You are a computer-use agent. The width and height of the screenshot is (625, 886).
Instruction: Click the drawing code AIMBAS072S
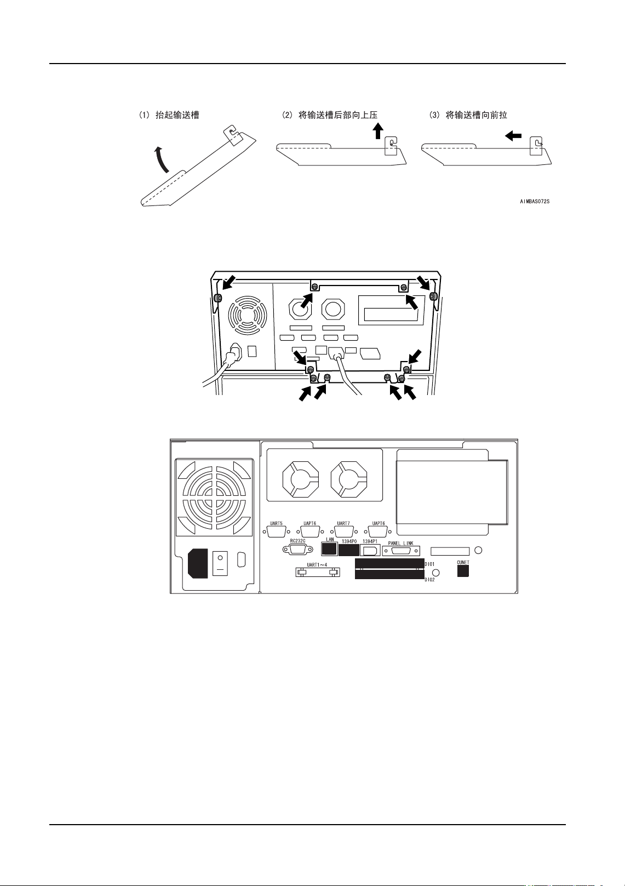(x=535, y=202)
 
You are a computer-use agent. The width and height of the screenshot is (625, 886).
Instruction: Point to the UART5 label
(x=277, y=523)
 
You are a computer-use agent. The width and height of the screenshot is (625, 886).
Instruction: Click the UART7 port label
(x=343, y=523)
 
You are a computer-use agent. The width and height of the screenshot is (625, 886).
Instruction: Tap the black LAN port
(x=329, y=549)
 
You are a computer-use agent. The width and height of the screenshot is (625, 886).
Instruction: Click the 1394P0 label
(x=349, y=541)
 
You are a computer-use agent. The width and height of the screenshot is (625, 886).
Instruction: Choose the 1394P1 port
(x=370, y=550)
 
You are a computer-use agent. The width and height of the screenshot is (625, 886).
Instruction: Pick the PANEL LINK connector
(x=400, y=551)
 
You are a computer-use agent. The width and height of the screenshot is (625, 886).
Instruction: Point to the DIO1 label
(x=430, y=564)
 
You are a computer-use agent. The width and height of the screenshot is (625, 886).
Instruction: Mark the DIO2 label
(x=430, y=580)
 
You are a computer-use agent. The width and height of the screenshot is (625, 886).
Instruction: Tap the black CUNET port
(x=463, y=571)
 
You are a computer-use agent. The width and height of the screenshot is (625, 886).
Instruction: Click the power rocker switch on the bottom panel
(x=220, y=563)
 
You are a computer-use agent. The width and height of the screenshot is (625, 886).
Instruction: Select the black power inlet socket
(x=199, y=564)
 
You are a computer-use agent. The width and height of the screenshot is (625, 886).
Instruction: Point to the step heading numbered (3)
(x=468, y=115)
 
